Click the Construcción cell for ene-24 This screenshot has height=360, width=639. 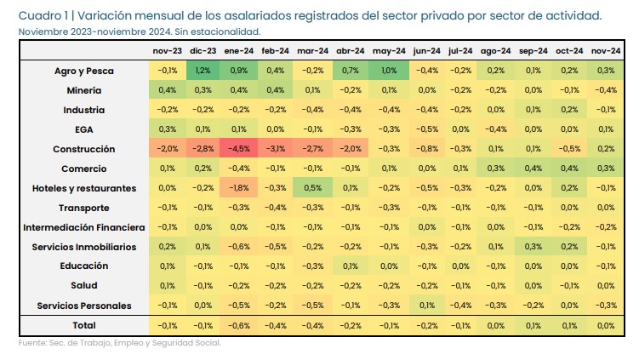pos(239,148)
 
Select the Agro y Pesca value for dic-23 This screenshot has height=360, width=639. pos(203,70)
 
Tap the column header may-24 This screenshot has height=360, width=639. pos(388,50)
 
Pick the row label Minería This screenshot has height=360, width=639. pos(84,89)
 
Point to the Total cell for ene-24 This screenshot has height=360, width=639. pos(239,325)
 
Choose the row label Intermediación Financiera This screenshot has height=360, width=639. pos(84,226)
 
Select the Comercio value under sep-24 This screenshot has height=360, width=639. pos(533,168)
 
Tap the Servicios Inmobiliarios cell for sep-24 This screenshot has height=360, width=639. pos(533,246)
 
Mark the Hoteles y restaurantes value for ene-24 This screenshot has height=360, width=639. pos(239,187)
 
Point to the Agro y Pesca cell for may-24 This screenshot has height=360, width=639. pos(388,70)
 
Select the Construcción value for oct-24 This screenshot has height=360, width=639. pos(570,148)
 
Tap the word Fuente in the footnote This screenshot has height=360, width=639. pos(32,343)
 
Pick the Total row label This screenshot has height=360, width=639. pos(84,325)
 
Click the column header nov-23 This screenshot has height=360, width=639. pos(166,50)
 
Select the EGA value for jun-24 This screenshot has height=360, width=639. pos(425,129)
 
